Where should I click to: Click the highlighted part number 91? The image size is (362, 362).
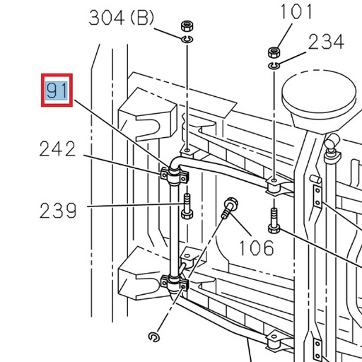57,91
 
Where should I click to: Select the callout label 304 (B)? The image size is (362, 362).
121,18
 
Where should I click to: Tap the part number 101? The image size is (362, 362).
296,13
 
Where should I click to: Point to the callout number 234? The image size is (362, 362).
326,43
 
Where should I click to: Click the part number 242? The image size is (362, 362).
57,149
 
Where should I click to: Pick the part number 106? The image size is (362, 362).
255,247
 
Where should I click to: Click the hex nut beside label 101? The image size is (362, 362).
274,52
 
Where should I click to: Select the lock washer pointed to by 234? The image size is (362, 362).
274,65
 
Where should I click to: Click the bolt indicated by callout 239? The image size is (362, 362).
186,206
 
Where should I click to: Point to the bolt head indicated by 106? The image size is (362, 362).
229,206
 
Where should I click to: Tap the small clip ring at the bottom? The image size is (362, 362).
155,336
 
